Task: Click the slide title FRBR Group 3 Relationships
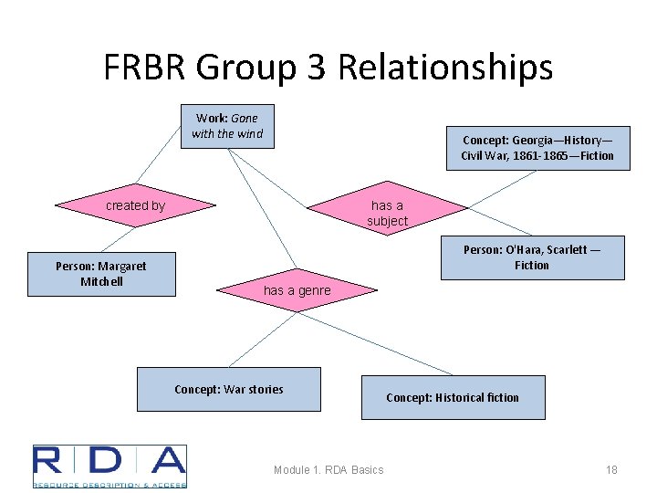[328, 68]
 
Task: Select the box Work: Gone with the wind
[226, 126]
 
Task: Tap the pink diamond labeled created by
[136, 205]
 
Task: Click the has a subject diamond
[388, 213]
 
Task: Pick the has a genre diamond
[297, 290]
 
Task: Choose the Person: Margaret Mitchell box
[101, 274]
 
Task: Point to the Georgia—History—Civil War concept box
[537, 148]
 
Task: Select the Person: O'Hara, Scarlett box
[532, 257]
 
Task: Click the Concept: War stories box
[229, 390]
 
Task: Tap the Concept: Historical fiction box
[453, 397]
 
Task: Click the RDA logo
[109, 466]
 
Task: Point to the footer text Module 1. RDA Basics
[328, 469]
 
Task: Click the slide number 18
[611, 469]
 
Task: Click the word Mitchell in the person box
[101, 281]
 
